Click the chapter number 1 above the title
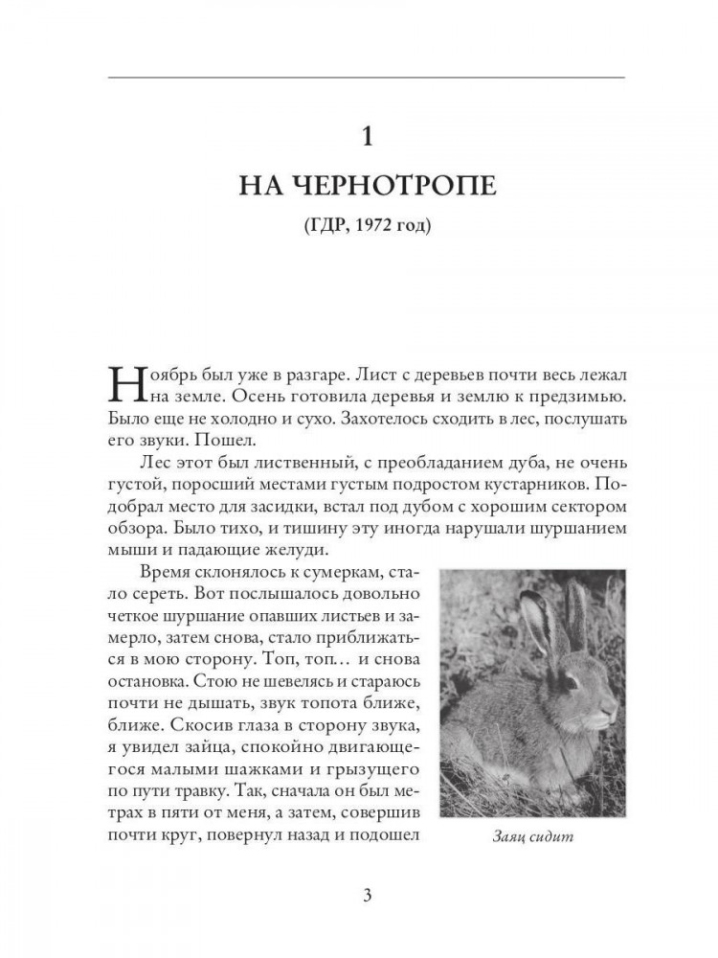pyautogui.click(x=362, y=137)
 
